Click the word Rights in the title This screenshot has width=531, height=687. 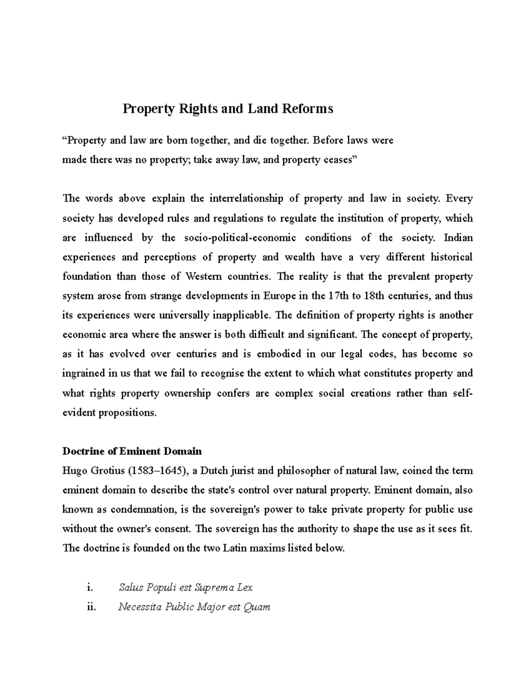(198, 108)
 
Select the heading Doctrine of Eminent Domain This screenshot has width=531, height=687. (132, 451)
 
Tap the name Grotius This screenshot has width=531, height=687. (108, 471)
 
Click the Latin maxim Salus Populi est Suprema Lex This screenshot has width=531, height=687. (186, 587)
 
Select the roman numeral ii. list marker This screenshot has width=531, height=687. (92, 607)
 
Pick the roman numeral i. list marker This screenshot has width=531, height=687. (90, 587)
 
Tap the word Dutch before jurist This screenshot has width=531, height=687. (215, 471)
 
